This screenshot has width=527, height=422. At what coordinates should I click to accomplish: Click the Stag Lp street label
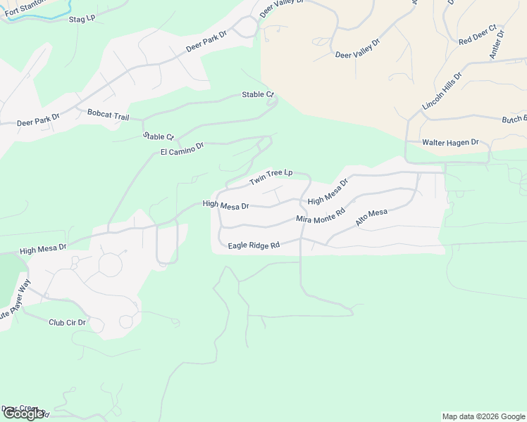pyautogui.click(x=82, y=18)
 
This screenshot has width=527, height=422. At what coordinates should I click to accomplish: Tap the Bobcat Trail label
pyautogui.click(x=108, y=113)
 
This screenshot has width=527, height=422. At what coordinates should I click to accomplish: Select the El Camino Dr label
pyautogui.click(x=182, y=148)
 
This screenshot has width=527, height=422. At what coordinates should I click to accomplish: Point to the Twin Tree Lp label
pyautogui.click(x=271, y=177)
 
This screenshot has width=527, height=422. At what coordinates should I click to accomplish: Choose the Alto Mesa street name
pyautogui.click(x=371, y=217)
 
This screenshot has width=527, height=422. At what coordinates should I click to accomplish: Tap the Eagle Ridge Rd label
pyautogui.click(x=254, y=245)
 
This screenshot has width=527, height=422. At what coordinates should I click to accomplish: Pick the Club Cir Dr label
pyautogui.click(x=67, y=323)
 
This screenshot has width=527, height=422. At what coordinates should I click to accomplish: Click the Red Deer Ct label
pyautogui.click(x=478, y=36)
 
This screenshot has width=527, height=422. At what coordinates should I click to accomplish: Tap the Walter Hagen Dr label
pyautogui.click(x=450, y=142)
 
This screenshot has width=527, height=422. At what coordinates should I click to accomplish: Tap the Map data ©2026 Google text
pyautogui.click(x=483, y=416)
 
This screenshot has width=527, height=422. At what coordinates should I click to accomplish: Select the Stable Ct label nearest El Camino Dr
pyautogui.click(x=159, y=136)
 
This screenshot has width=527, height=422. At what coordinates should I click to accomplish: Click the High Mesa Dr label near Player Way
pyautogui.click(x=43, y=249)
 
